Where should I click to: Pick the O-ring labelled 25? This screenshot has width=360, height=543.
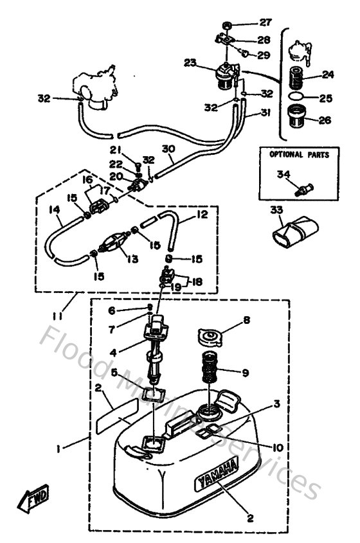pyautogui.click(x=297, y=96)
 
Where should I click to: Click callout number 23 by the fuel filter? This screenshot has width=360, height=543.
pyautogui.click(x=190, y=63)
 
